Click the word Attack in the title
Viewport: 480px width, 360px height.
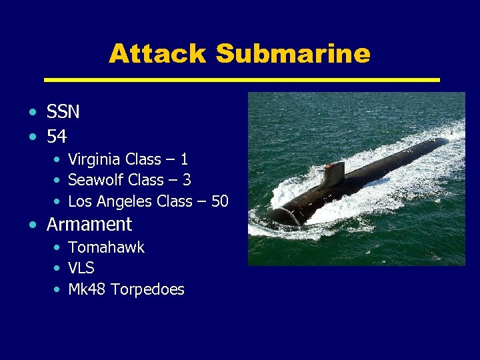157,53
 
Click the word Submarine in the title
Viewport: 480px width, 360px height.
293,53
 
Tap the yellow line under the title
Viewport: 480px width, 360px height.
241,80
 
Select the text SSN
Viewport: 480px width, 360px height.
63,112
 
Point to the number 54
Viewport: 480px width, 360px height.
57,137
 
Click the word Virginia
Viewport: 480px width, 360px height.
95,159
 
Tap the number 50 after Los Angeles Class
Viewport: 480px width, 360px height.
219,201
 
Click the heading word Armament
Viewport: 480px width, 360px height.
89,225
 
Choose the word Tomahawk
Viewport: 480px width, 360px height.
106,247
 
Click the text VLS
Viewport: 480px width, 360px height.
81,269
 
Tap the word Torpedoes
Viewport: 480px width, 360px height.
147,289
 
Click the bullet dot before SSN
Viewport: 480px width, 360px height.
33,112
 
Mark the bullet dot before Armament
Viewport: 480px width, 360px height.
33,225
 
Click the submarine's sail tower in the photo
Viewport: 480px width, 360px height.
333,174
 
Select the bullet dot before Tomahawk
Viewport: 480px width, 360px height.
59,248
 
